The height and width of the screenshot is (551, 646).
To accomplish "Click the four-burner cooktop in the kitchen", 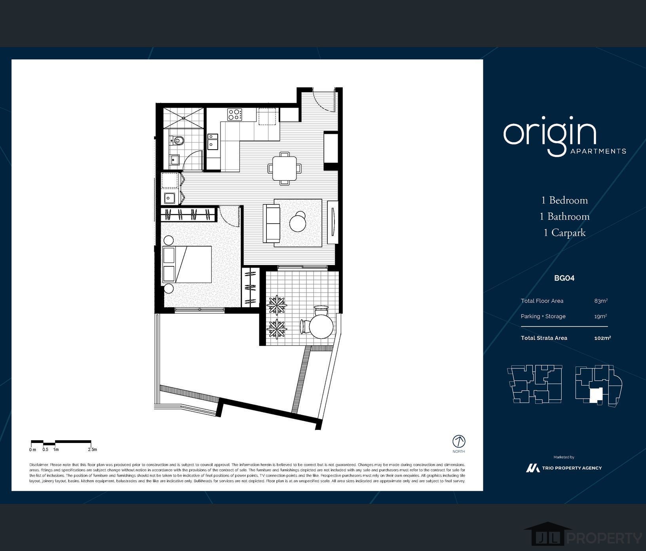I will pyautogui.click(x=235, y=115).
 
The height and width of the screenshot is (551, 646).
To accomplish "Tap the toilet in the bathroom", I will pyautogui.click(x=177, y=140).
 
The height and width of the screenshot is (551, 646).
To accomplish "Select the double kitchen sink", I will pyautogui.click(x=213, y=141).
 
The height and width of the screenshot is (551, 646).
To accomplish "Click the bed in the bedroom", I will pyautogui.click(x=187, y=264).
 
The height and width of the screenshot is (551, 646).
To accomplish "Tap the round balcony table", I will pyautogui.click(x=321, y=327).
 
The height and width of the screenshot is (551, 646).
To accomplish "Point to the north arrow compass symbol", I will pyautogui.click(x=459, y=441).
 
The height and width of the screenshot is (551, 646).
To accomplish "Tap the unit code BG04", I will pyautogui.click(x=564, y=278).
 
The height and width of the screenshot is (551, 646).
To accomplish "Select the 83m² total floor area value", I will pyautogui.click(x=600, y=301).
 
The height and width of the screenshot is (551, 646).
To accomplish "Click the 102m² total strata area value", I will pyautogui.click(x=602, y=338).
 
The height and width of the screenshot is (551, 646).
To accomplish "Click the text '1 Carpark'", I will pyautogui.click(x=564, y=233).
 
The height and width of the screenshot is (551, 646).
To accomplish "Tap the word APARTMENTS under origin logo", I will pyautogui.click(x=598, y=151).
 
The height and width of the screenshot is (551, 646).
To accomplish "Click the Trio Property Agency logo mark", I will pyautogui.click(x=533, y=468).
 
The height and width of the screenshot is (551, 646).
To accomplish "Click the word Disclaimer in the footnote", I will pyautogui.click(x=38, y=465).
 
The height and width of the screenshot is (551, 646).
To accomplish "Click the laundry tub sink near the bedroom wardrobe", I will pyautogui.click(x=170, y=197).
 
